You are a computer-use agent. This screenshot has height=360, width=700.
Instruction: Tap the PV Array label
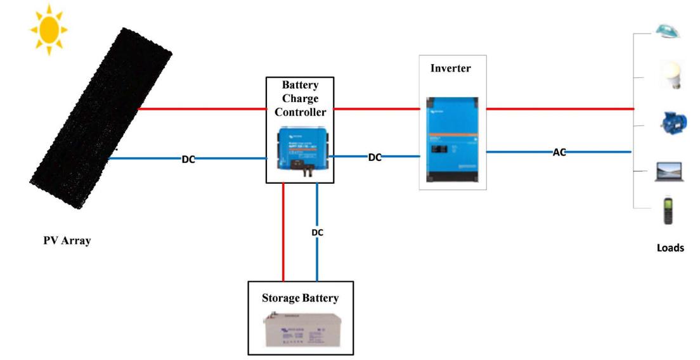click(x=67, y=241)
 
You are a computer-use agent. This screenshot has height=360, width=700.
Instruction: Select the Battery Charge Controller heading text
click(x=300, y=98)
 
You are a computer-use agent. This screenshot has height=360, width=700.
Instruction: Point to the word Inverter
click(x=451, y=68)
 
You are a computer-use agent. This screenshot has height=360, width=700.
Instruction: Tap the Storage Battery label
click(x=300, y=297)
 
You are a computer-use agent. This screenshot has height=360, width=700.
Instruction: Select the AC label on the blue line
click(x=559, y=152)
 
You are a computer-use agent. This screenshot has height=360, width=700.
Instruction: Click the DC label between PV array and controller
click(x=188, y=159)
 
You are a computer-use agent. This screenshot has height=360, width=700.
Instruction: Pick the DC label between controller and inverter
click(x=375, y=157)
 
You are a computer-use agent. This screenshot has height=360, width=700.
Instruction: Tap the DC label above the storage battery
click(x=318, y=233)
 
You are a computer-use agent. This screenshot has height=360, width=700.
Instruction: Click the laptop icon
click(x=668, y=170)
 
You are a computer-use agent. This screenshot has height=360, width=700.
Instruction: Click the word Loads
click(x=670, y=248)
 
